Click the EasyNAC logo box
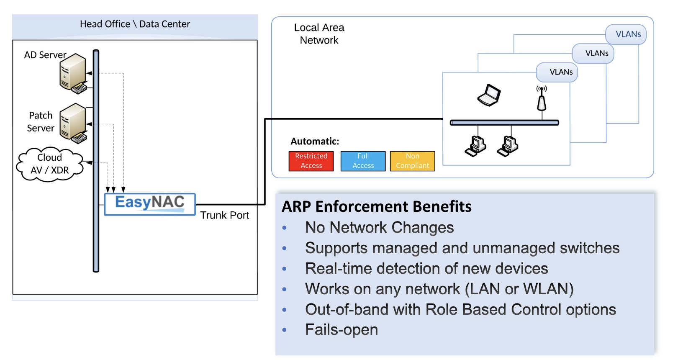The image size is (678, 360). coord(149,204)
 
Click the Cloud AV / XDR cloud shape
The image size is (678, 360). coord(49,164)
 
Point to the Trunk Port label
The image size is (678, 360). coord(224,215)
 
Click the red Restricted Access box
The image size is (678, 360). coord(311,161)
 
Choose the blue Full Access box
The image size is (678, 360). coord(363,161)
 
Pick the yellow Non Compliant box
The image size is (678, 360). coord(412,161)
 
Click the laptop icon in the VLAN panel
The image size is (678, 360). coord(489,95)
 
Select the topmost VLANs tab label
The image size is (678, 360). coord(628,34)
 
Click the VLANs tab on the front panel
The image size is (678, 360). coord(561,72)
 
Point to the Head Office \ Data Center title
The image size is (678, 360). coord(135,24)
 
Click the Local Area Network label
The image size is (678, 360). coord(319,34)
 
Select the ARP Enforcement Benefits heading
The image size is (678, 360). coord(377,206)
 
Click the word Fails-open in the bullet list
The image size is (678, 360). coord(342,329)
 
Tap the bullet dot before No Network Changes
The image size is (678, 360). coord(285,228)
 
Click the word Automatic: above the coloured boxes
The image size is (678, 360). coord(315,141)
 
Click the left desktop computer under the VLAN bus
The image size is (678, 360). coord(475,146)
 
